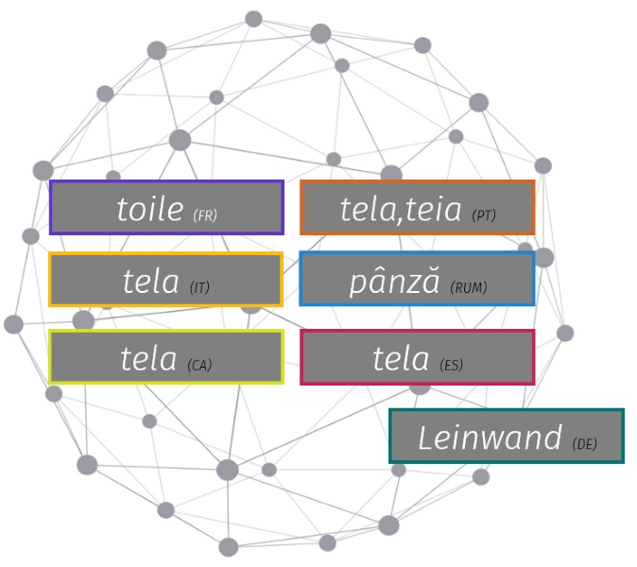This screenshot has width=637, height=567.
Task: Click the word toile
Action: pyautogui.click(x=149, y=209)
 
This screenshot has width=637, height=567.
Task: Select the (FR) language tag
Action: pyautogui.click(x=205, y=215)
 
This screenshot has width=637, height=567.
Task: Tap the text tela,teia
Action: pyautogui.click(x=402, y=209)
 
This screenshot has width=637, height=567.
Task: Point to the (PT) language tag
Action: pyautogui.click(x=484, y=215)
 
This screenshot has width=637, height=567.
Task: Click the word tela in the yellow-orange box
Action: pyautogui.click(x=150, y=281)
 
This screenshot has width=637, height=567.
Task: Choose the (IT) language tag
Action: pyautogui.click(x=199, y=287)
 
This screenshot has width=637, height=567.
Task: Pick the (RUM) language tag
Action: pyautogui.click(x=469, y=287)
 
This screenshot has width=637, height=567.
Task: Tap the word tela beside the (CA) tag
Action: pyautogui.click(x=148, y=359)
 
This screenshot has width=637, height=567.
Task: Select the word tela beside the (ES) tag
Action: pyautogui.click(x=401, y=359)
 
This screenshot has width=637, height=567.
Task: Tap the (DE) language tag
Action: pyautogui.click(x=585, y=444)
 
